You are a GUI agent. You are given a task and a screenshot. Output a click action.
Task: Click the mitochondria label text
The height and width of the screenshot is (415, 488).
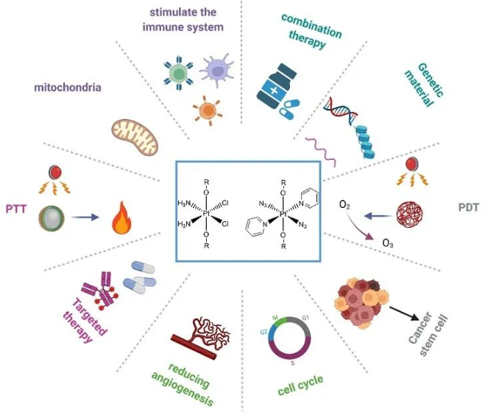68,87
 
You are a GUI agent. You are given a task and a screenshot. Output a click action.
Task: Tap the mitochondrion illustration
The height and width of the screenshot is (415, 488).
135,137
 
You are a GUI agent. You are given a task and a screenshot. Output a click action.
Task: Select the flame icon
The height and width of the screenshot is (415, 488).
121,217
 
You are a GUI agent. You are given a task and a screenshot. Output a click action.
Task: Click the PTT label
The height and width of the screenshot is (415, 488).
16,209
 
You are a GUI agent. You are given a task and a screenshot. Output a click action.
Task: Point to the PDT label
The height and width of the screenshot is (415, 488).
468,207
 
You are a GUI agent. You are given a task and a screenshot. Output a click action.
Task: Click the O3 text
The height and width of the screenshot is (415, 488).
387,243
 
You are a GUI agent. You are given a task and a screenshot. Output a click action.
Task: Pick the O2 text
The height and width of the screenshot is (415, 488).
344,205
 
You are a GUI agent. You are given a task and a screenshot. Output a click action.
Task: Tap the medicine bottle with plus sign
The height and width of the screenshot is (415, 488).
274,86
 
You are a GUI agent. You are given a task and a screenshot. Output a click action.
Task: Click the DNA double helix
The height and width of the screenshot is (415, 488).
341,110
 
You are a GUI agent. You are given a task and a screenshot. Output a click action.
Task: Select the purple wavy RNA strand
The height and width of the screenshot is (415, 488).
321,151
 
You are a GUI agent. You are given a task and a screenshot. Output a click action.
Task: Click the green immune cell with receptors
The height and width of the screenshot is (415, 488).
178,74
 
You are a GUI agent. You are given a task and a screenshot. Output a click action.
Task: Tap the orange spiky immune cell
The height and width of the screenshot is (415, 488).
208,111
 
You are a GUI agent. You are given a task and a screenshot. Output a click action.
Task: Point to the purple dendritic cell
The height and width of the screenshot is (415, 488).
217,70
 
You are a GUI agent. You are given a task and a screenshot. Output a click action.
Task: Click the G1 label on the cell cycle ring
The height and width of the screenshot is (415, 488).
305,318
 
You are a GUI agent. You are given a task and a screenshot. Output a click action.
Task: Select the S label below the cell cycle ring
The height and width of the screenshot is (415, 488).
292,363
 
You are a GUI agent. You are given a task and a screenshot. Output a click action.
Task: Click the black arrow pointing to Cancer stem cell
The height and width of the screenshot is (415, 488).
404,313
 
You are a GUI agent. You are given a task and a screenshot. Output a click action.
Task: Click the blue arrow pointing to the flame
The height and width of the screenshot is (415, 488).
85,217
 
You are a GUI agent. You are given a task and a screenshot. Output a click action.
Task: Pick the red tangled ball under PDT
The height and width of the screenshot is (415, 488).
409,214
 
